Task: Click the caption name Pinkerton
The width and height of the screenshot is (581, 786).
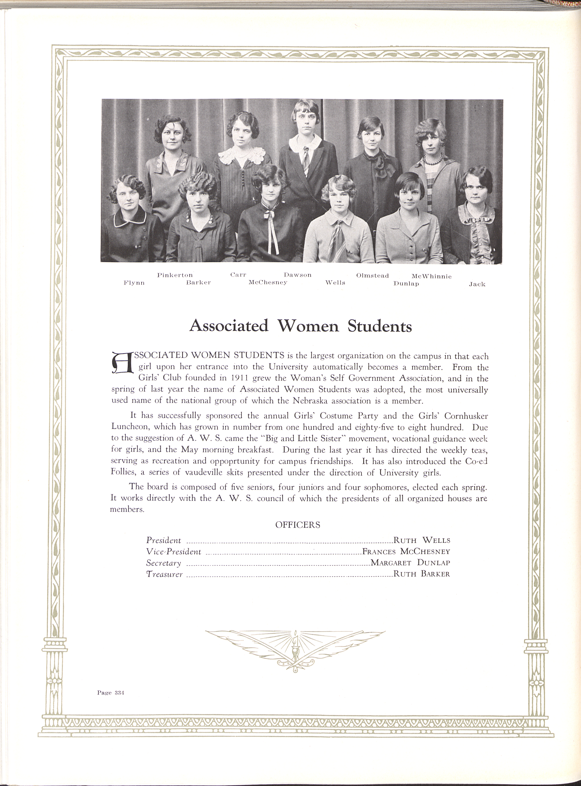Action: pyautogui.click(x=174, y=275)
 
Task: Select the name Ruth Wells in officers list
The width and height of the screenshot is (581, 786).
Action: pyautogui.click(x=421, y=540)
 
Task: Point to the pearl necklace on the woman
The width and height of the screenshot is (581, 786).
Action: pyautogui.click(x=433, y=160)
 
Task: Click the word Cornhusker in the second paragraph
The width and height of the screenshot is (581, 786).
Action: pyautogui.click(x=466, y=416)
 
